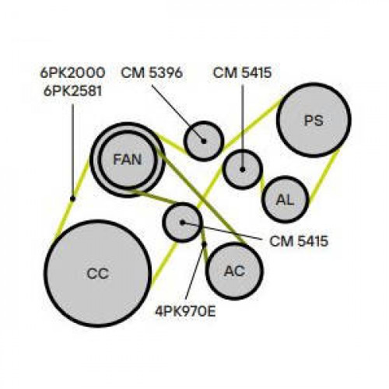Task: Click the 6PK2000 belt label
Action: click(x=72, y=72)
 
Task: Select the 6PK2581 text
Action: click(x=73, y=91)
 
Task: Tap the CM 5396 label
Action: click(x=152, y=72)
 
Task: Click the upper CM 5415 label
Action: click(x=242, y=72)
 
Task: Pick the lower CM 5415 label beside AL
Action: click(x=299, y=241)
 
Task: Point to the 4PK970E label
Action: click(x=185, y=311)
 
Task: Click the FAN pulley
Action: click(x=128, y=160)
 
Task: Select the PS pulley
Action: click(x=314, y=120)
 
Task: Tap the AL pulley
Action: click(x=286, y=199)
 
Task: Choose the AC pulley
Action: click(x=234, y=271)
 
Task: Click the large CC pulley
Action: click(x=97, y=273)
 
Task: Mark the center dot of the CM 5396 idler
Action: click(x=204, y=142)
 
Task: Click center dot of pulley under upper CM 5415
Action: click(x=243, y=170)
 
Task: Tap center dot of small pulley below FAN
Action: click(x=182, y=223)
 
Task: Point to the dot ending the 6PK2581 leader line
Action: click(x=72, y=198)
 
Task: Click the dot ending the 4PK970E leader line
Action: click(x=204, y=244)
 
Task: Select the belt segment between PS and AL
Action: click(x=324, y=177)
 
